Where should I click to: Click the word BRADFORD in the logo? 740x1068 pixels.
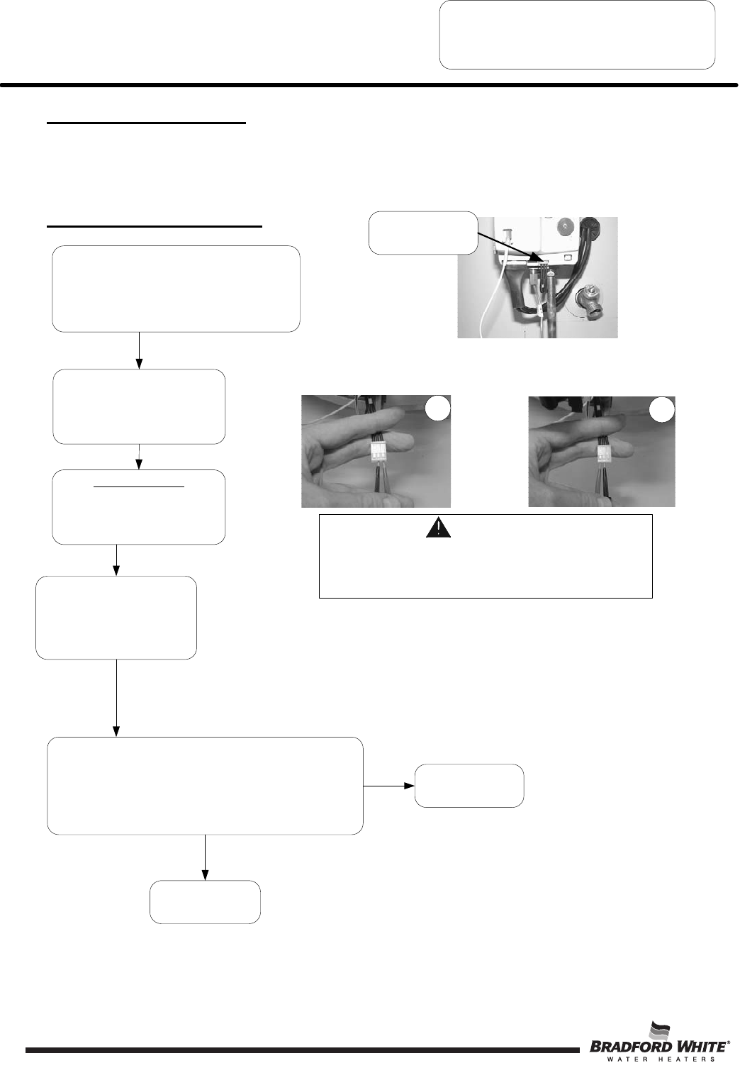[x=622, y=1047]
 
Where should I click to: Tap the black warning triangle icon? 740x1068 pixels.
[x=438, y=528]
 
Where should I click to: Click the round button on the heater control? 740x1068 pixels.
[x=565, y=228]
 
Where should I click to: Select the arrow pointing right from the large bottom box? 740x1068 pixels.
[x=389, y=786]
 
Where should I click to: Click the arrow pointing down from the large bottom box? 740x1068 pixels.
[x=206, y=857]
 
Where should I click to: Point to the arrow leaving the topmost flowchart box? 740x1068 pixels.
[x=139, y=350]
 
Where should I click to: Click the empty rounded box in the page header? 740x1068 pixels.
[x=577, y=35]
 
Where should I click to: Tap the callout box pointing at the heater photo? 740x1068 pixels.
[x=423, y=233]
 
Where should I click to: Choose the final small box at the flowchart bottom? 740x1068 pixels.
[x=205, y=902]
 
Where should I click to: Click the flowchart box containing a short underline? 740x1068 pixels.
[x=139, y=507]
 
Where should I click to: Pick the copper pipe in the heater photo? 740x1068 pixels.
[x=549, y=312]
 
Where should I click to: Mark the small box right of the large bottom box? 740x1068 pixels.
[x=469, y=786]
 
